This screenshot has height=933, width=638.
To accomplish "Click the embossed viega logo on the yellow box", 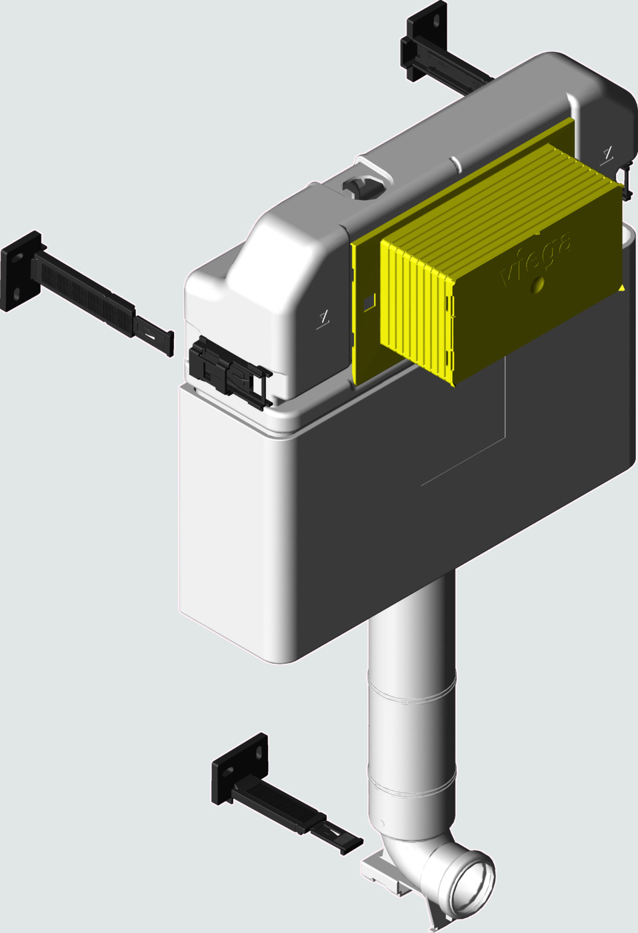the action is [535, 259].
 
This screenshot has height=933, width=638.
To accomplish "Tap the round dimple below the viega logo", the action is [537, 285].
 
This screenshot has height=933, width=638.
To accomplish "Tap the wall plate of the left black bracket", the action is [21, 271].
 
